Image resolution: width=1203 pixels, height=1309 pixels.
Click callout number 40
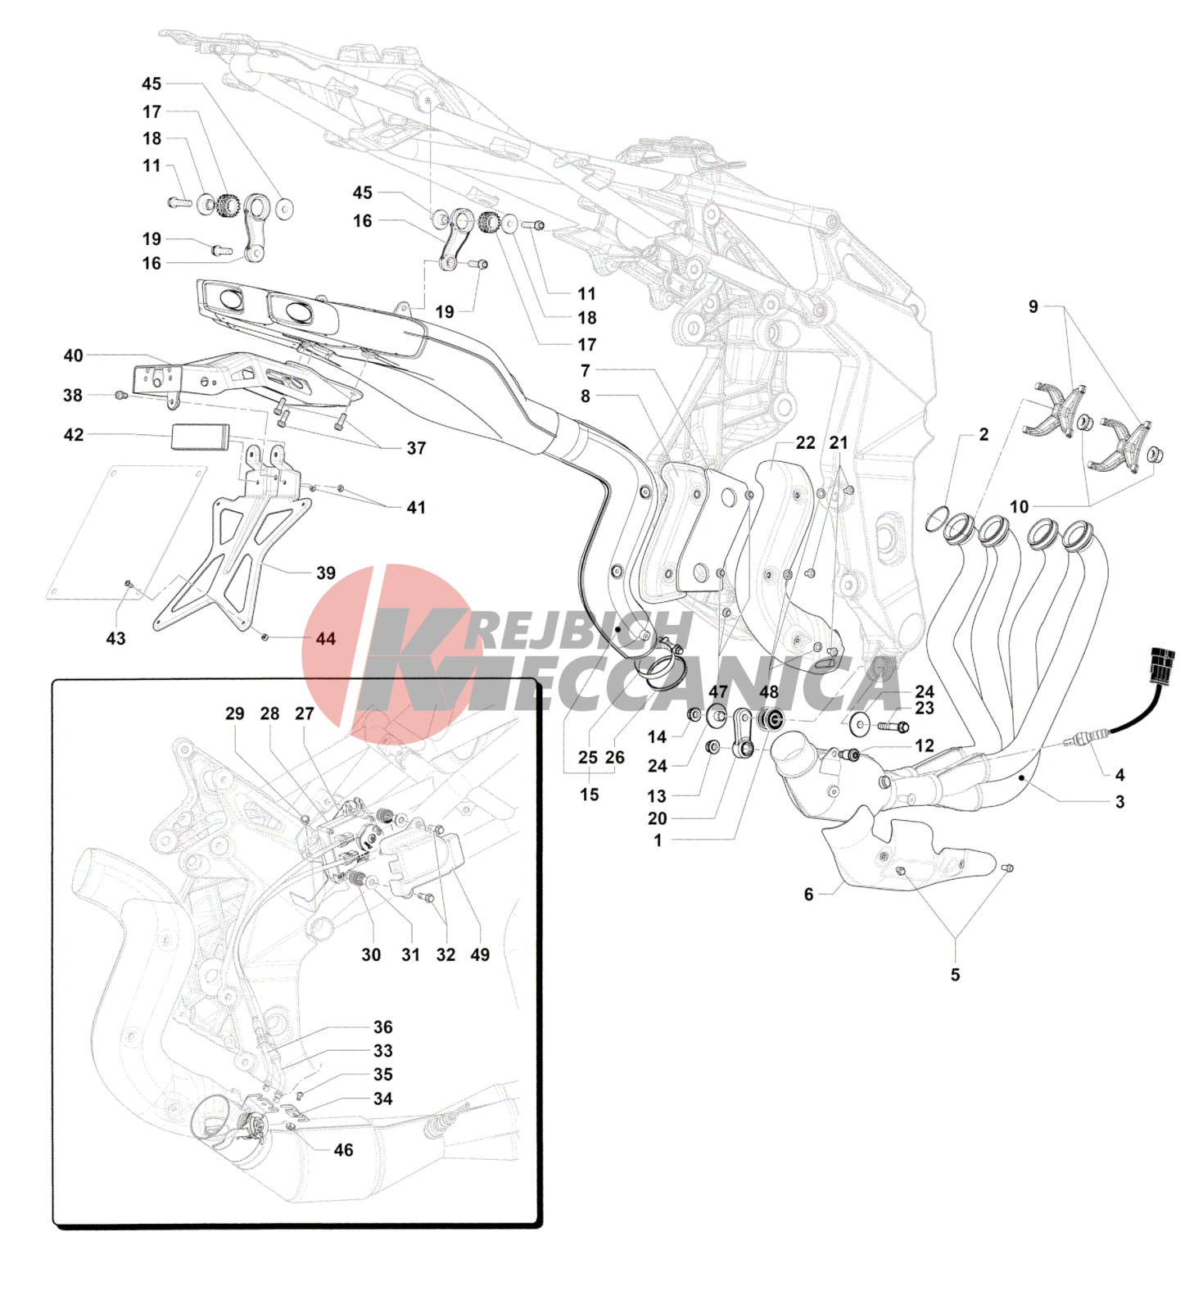(73, 356)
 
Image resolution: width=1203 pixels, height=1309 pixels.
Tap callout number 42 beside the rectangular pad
(74, 434)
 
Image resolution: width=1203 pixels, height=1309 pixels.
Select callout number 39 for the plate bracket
(326, 573)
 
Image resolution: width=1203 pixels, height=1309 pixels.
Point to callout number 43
(115, 638)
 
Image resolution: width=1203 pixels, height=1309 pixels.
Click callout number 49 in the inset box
(480, 954)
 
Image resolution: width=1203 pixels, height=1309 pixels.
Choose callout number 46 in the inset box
(343, 1150)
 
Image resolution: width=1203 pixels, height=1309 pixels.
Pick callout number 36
(383, 1027)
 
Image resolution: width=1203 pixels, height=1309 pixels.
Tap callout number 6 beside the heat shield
(808, 895)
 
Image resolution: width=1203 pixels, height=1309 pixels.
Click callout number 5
(955, 975)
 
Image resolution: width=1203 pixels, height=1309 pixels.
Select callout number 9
(1033, 306)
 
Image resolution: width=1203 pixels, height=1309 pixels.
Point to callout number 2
(984, 434)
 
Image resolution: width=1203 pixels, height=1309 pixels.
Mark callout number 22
(806, 442)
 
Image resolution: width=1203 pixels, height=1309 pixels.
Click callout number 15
(589, 795)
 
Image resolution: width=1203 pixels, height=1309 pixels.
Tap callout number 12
(925, 745)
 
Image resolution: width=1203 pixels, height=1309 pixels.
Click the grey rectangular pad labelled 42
(200, 437)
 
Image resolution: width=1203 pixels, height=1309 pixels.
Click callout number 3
(1119, 802)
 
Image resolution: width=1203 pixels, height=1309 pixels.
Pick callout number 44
(326, 638)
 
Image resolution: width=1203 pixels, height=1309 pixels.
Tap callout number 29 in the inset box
(235, 713)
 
